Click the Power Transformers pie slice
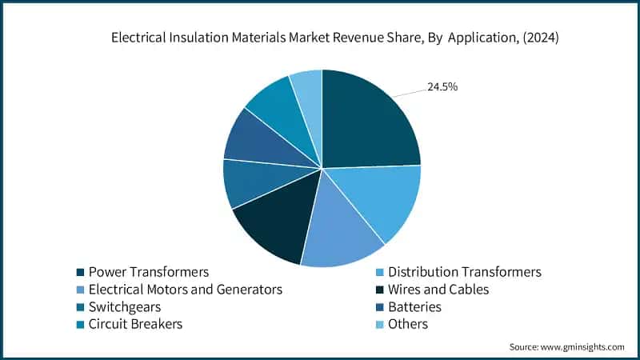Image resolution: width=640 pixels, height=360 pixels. [368, 120]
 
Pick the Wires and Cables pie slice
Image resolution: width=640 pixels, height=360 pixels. [276, 228]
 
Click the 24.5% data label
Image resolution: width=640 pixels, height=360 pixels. [442, 86]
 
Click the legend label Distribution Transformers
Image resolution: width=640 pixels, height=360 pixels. [464, 272]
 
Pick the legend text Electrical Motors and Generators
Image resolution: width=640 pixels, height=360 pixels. [185, 290]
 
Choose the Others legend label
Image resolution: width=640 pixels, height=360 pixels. [408, 325]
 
